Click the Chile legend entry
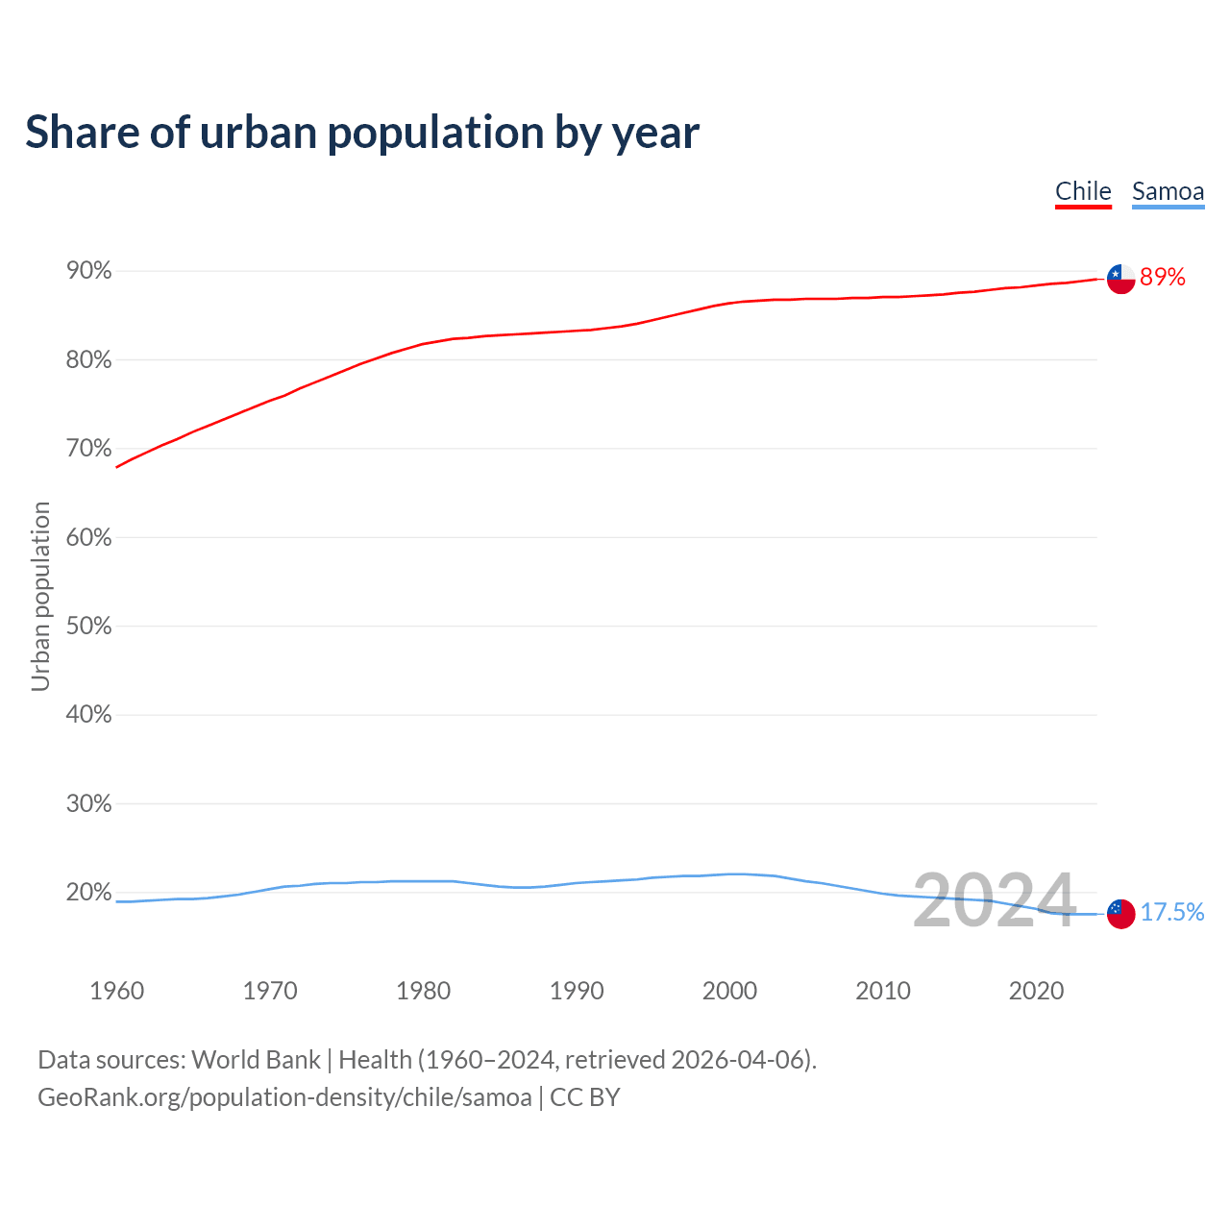click(1083, 191)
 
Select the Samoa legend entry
click(1168, 191)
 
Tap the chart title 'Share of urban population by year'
click(362, 132)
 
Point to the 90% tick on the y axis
click(89, 271)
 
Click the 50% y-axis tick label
click(89, 627)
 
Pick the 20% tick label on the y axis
click(89, 893)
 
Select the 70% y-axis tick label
click(89, 449)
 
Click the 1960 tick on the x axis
click(116, 991)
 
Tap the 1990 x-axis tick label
click(577, 991)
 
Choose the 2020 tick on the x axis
click(1036, 991)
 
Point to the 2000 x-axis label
click(729, 991)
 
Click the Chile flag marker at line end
click(1120, 279)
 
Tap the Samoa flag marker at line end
click(1120, 914)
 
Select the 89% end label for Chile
click(1163, 278)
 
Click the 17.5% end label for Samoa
click(1172, 913)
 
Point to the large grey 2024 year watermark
click(994, 900)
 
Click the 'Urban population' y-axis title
click(40, 596)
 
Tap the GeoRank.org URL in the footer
click(284, 1097)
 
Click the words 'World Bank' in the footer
click(256, 1060)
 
